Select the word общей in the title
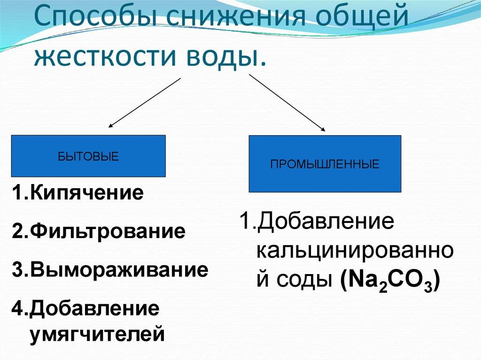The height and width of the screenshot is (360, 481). click(x=363, y=15)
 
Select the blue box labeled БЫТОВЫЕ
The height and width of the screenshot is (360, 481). click(x=88, y=156)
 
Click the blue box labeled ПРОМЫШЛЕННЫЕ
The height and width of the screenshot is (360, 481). click(x=325, y=164)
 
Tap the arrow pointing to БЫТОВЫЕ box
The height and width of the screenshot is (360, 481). click(x=145, y=102)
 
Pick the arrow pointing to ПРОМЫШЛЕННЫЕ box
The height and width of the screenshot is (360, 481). click(x=287, y=102)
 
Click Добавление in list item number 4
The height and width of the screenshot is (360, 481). click(x=95, y=309)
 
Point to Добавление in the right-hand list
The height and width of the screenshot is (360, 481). click(x=326, y=221)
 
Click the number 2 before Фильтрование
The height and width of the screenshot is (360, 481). click(x=17, y=231)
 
